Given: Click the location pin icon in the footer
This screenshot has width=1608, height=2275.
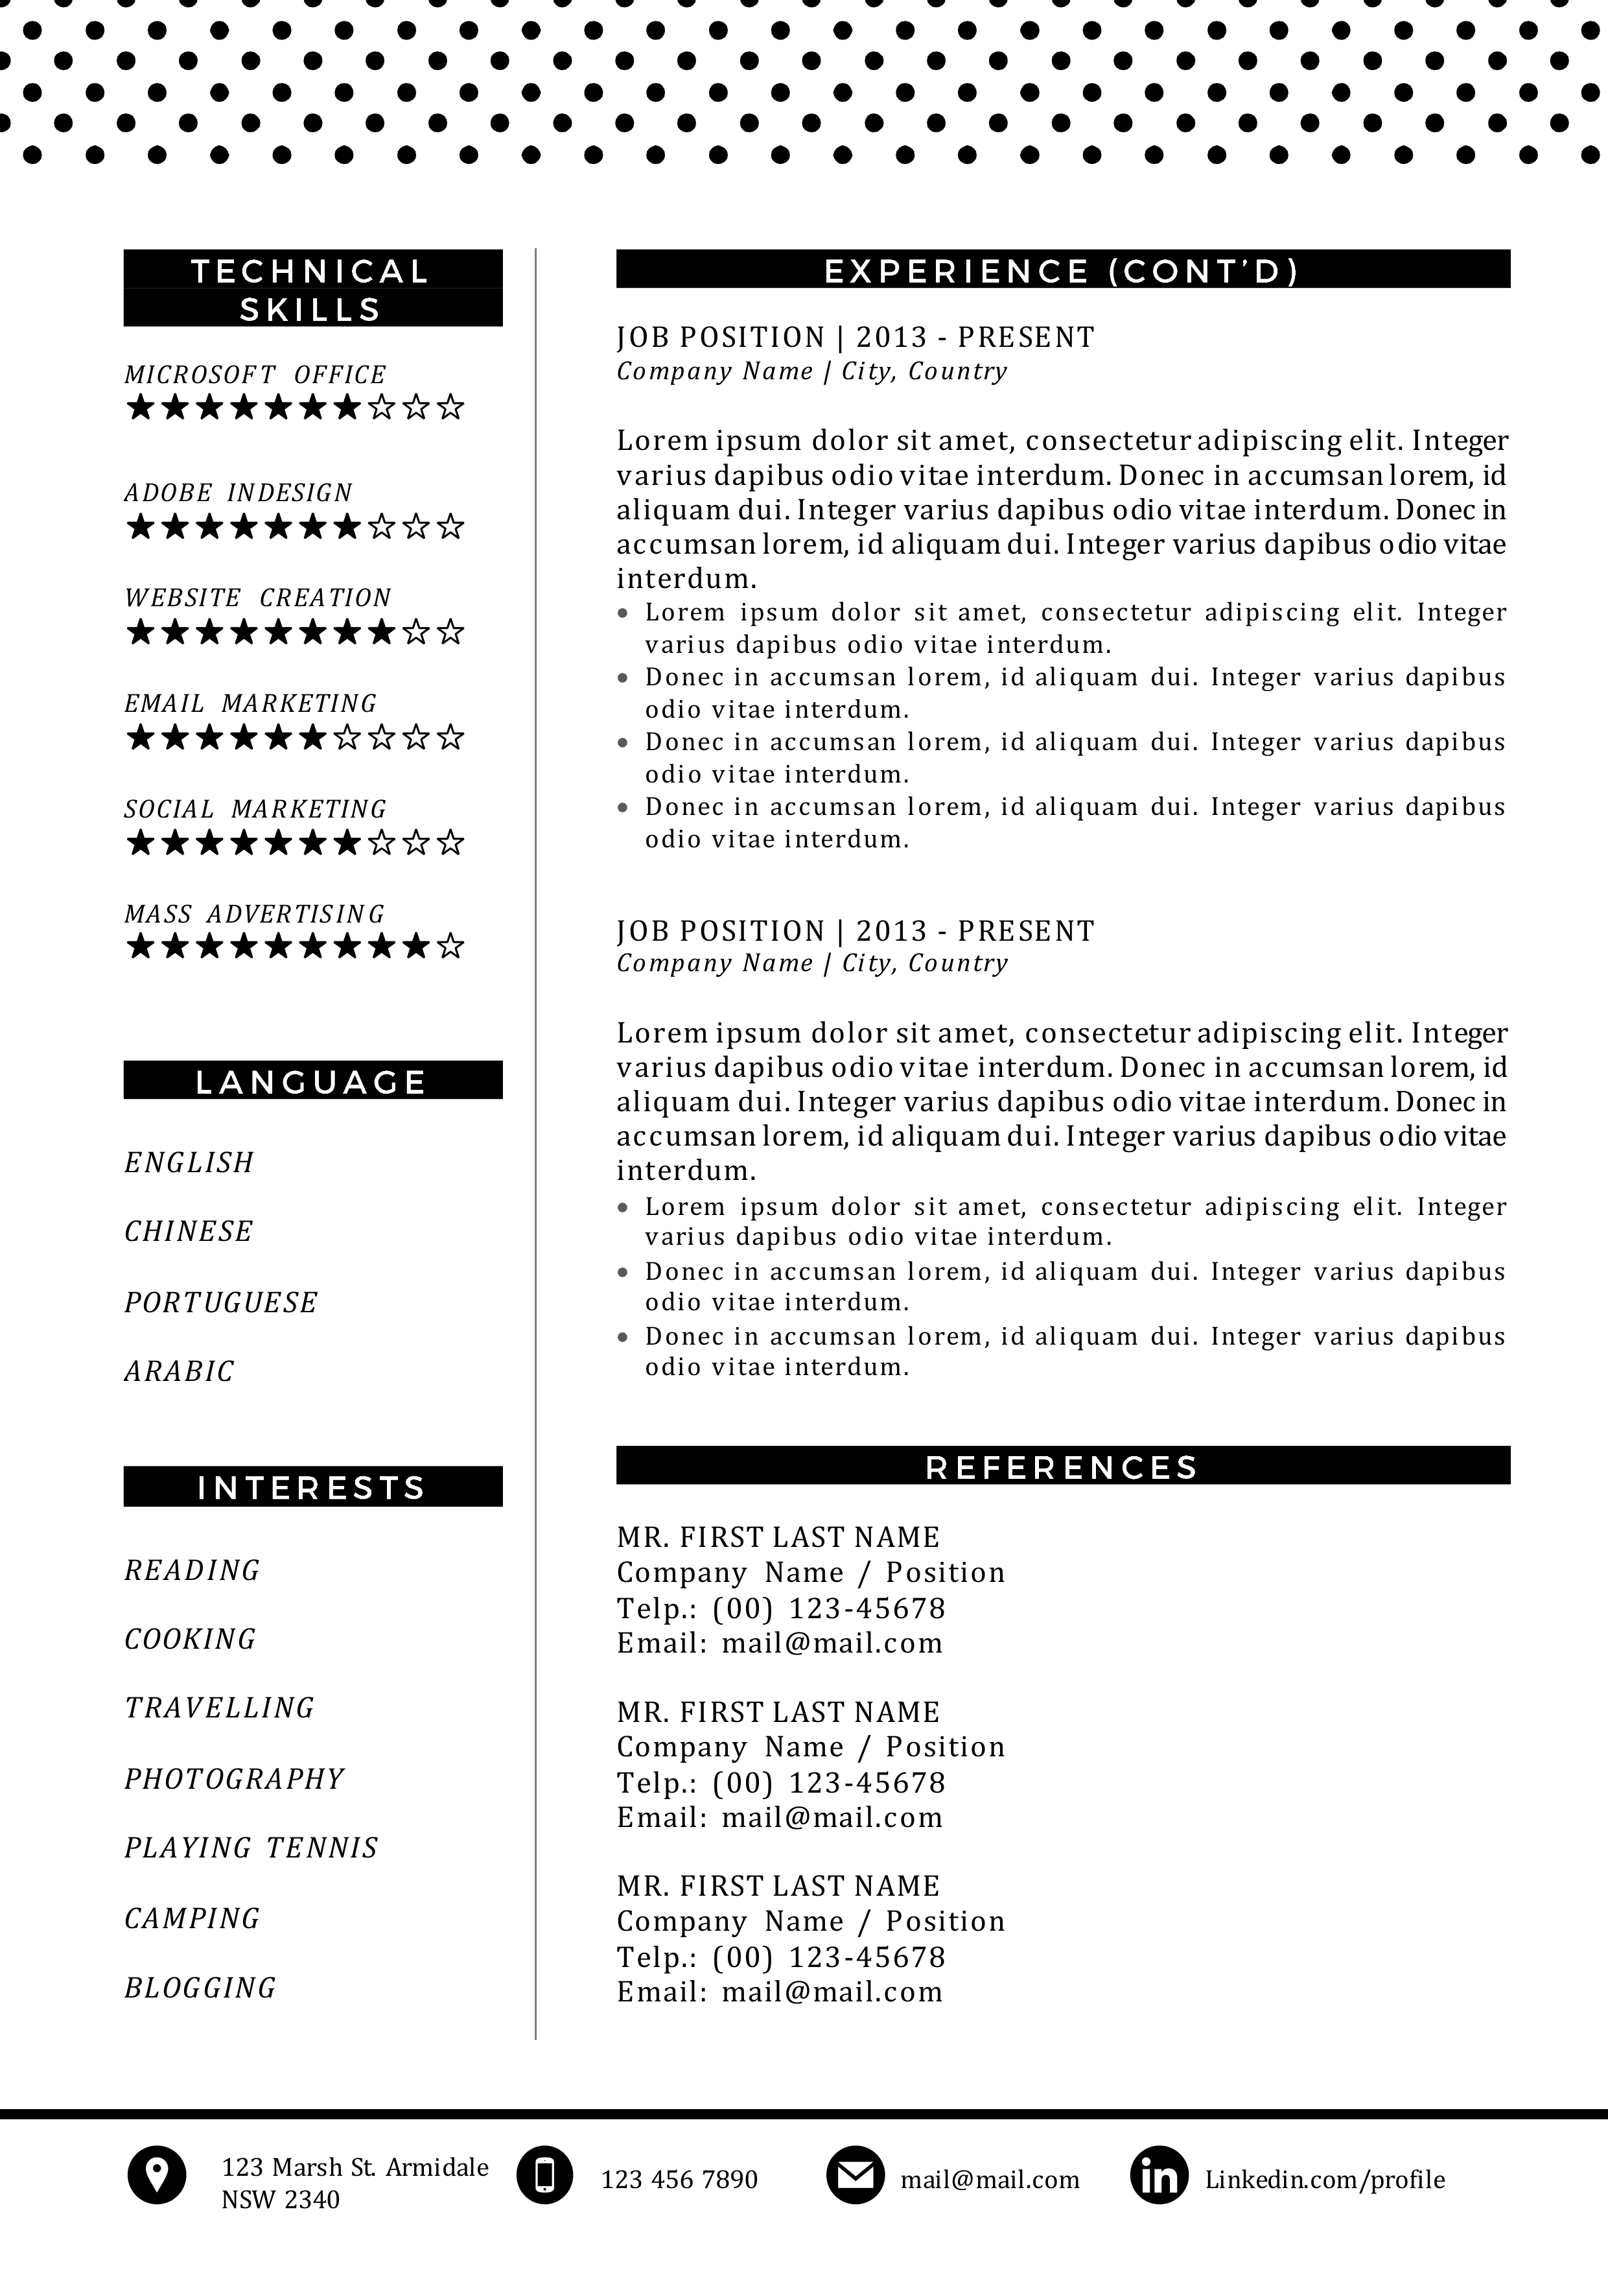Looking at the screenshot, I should click(x=157, y=2175).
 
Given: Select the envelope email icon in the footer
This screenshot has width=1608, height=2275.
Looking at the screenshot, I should click(x=854, y=2175).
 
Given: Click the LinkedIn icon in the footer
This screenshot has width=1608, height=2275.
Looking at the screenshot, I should click(x=1158, y=2176).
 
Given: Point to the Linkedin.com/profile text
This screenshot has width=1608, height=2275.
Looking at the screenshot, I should click(x=1325, y=2180).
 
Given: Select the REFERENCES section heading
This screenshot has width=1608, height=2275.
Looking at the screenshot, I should click(x=1062, y=1467).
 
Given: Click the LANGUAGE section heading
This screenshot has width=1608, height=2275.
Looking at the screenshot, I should click(x=312, y=1081).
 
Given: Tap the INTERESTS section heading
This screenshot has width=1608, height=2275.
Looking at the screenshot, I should click(x=312, y=1487).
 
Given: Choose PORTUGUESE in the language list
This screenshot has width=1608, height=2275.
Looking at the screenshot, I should click(x=221, y=1302).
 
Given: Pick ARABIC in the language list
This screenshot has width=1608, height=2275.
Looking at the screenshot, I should click(x=180, y=1371).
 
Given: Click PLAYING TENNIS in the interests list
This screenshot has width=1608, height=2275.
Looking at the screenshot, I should click(x=251, y=1848).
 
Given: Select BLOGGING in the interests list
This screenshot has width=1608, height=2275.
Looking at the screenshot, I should click(x=200, y=1988).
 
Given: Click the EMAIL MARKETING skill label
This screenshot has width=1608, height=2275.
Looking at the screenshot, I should click(x=251, y=703).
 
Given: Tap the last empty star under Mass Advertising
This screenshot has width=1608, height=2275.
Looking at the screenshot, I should click(x=451, y=947).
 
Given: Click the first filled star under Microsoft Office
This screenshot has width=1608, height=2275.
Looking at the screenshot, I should click(x=141, y=407).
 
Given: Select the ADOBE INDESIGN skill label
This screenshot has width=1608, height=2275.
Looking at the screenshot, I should click(x=239, y=493).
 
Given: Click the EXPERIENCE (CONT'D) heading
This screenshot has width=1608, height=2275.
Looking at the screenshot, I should click(x=1062, y=270).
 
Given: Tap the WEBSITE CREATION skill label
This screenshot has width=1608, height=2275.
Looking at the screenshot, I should click(x=257, y=598).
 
